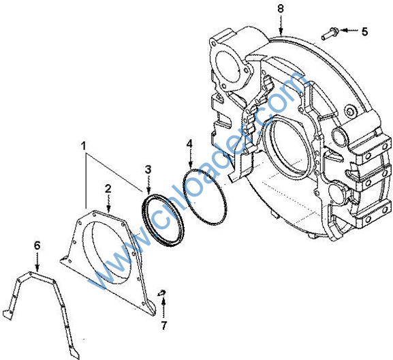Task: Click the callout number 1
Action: pos(84,146)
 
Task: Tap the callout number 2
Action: pos(108,189)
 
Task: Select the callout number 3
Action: pos(148,170)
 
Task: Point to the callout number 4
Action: pos(190,144)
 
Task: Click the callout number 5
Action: pos(364,31)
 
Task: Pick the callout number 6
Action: pos(37,245)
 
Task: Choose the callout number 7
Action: pos(164,326)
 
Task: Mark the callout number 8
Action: pos(281,9)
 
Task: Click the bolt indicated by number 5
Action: pos(330,34)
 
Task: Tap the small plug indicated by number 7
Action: pos(162,292)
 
